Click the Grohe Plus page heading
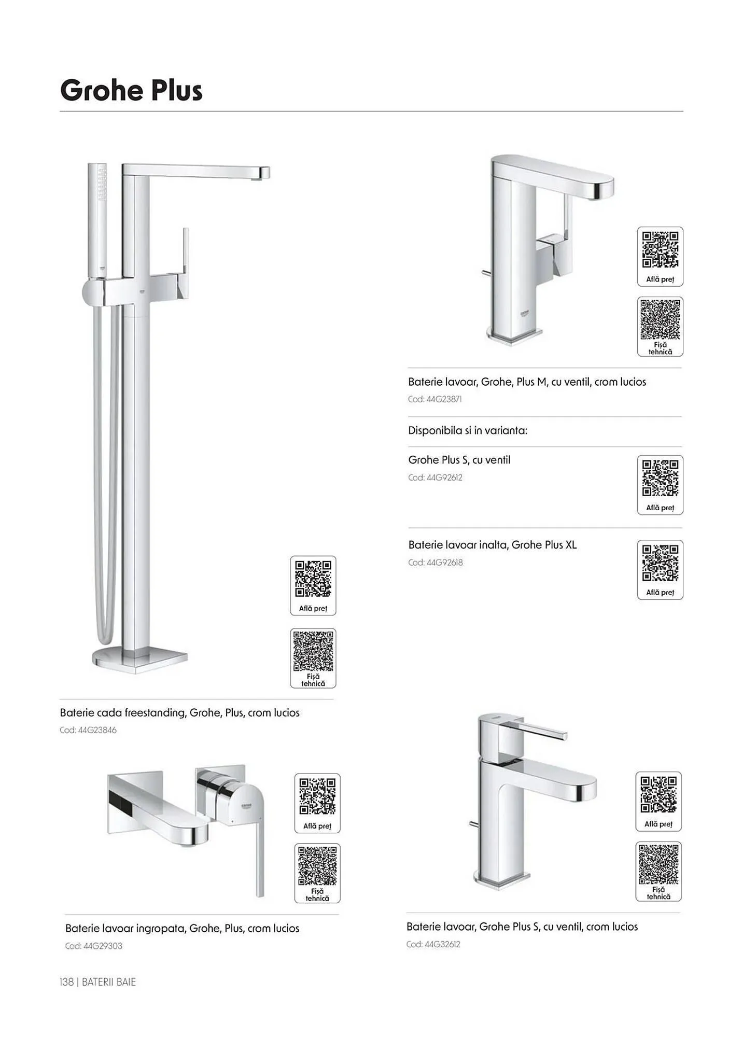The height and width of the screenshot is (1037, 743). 131,91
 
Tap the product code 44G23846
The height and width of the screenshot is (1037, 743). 97,730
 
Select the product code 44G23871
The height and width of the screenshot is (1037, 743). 444,399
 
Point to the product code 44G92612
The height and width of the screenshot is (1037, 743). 444,478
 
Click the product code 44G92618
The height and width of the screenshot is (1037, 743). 444,563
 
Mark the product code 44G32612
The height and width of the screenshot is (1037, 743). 442,944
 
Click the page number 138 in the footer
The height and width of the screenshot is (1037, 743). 67,982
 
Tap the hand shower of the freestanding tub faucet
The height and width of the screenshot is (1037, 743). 97,221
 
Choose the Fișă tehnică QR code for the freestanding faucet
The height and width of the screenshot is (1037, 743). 313,651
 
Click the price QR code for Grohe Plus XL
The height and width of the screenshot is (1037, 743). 660,563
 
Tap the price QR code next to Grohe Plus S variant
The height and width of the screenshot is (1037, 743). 660,478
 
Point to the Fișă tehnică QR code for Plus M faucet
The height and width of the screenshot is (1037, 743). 660,319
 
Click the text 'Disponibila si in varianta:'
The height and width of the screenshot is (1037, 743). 468,430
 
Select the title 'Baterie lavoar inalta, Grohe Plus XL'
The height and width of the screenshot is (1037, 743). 493,545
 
